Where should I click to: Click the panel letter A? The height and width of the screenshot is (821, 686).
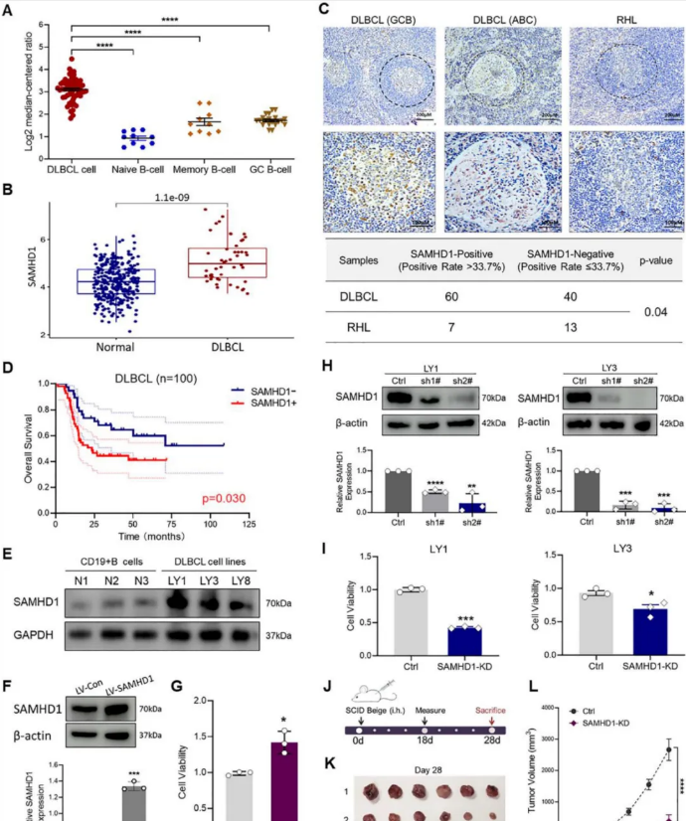click(11, 11)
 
